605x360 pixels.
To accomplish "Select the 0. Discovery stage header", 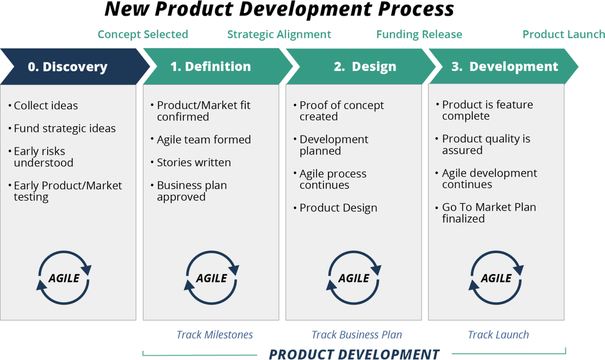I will [x=68, y=67].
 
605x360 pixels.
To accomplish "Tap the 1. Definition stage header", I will [x=211, y=67].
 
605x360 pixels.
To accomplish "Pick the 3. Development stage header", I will [x=504, y=67].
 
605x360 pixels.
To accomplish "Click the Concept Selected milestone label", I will [x=143, y=34].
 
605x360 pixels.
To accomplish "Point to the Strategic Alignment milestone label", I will [x=279, y=34].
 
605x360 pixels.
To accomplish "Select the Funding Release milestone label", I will [x=419, y=34].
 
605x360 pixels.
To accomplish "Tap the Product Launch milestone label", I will [x=563, y=34].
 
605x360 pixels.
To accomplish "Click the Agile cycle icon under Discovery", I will [x=64, y=278].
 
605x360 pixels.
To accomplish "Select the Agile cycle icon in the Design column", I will [x=354, y=278].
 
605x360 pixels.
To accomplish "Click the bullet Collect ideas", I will [x=45, y=106].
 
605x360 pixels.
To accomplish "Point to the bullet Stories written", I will [x=194, y=163].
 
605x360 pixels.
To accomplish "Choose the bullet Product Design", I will [x=338, y=208].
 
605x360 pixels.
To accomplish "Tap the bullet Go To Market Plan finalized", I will [x=488, y=213].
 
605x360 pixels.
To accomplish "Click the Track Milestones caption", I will [x=215, y=335].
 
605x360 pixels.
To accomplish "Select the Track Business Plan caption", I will [x=357, y=335].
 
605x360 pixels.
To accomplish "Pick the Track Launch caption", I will [x=498, y=335].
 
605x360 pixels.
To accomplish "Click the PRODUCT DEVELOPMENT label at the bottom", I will [x=354, y=354].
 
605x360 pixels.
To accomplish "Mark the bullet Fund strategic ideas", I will [x=64, y=129].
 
